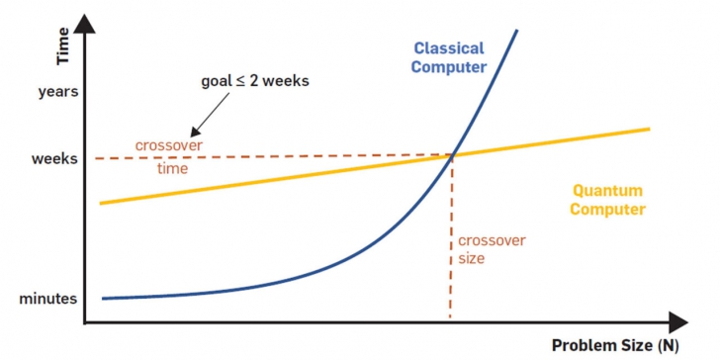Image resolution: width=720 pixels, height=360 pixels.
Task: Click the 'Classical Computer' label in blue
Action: pyautogui.click(x=450, y=57)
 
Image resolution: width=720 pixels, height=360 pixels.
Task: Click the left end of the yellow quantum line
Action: pyautogui.click(x=103, y=202)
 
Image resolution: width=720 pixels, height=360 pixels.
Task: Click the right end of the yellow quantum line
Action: pyautogui.click(x=648, y=129)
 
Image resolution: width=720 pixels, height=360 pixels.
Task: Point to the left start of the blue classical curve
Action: pyautogui.click(x=104, y=298)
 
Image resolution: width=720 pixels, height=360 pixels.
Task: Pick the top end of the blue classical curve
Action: pyautogui.click(x=516, y=31)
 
